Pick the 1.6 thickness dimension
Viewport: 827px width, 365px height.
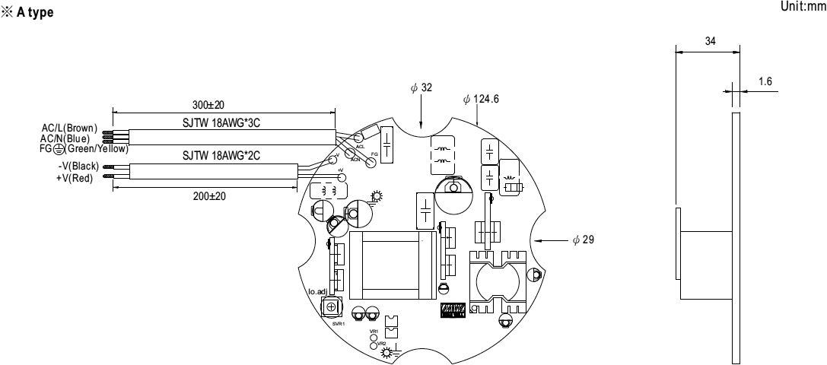click(x=765, y=80)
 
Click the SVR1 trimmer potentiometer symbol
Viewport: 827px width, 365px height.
click(x=331, y=306)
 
